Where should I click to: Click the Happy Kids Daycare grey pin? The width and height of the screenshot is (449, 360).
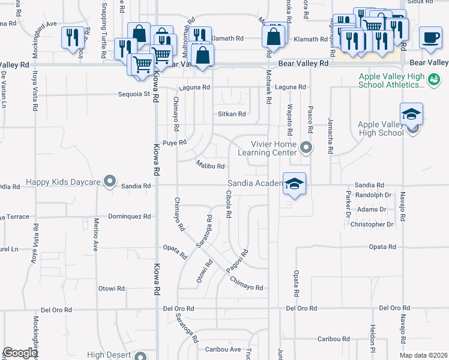109,181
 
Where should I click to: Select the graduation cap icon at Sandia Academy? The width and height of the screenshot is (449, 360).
294,184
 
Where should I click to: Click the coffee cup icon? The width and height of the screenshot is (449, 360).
430,37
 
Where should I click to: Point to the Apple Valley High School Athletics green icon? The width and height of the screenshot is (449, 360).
433,79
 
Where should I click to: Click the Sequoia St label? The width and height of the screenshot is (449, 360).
134,94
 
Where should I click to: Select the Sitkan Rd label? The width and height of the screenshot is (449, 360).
231,114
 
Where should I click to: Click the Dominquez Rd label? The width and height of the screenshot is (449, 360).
127,216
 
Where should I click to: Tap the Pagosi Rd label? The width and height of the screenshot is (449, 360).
237,262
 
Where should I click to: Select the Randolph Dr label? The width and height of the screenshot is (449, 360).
373,195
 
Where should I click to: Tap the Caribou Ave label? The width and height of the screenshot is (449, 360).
223,349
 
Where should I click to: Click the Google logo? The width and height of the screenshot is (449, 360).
19,353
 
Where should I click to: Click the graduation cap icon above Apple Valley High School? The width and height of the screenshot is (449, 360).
411,113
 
